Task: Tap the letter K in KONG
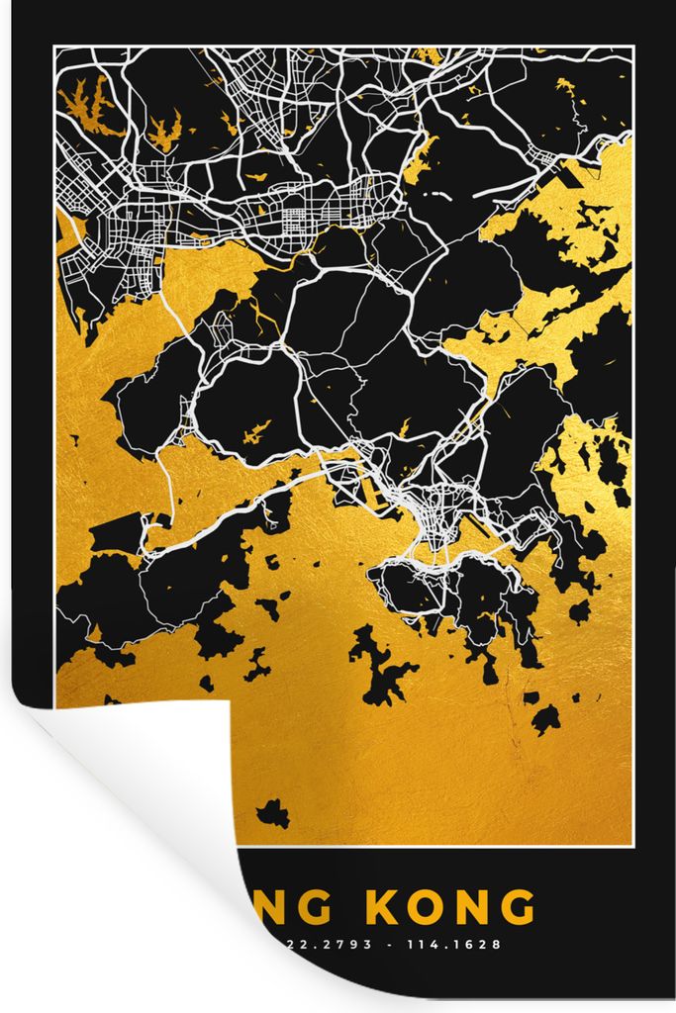pyautogui.click(x=384, y=908)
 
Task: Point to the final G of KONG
pyautogui.click(x=516, y=908)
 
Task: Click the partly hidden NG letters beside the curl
pyautogui.click(x=288, y=908)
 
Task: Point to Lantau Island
pyautogui.click(x=178, y=584)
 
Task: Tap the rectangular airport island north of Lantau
pyautogui.click(x=116, y=535)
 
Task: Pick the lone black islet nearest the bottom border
pyautogui.click(x=272, y=814)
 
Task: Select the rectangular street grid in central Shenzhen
pyautogui.click(x=297, y=213)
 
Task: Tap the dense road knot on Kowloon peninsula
pyautogui.click(x=431, y=514)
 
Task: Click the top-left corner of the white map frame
pyautogui.click(x=55, y=47)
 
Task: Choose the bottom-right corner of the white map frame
pyautogui.click(x=631, y=846)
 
